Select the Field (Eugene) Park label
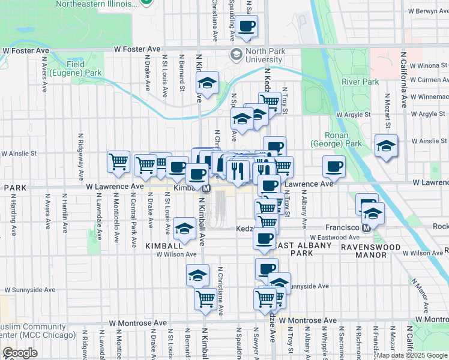(84, 68)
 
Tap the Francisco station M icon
(366, 227)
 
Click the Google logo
(20, 353)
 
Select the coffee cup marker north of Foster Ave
(247, 26)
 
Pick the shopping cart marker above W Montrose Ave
(205, 298)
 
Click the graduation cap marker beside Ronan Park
(386, 146)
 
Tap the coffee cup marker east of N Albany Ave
(333, 167)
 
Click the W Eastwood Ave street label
(322, 238)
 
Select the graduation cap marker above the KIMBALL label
(184, 229)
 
